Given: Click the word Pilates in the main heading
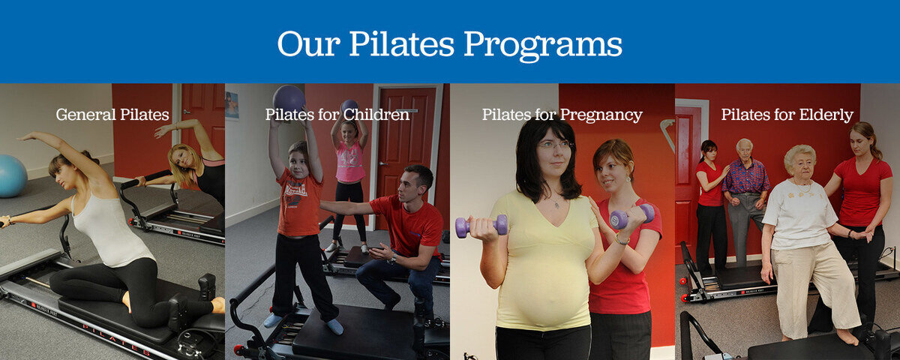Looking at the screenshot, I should pyautogui.click(x=404, y=44).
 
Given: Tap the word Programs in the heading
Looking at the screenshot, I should pyautogui.click(x=542, y=46).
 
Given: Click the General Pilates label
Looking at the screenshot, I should pyautogui.click(x=112, y=115).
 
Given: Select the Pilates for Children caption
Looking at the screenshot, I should pyautogui.click(x=337, y=115).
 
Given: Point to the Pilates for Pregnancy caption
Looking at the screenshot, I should pyautogui.click(x=562, y=115).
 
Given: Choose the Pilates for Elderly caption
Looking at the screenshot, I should pyautogui.click(x=787, y=115).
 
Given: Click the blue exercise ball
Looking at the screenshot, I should pyautogui.click(x=12, y=175).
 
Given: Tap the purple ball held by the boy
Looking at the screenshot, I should pyautogui.click(x=289, y=98).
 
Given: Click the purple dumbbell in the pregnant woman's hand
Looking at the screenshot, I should pyautogui.click(x=481, y=226).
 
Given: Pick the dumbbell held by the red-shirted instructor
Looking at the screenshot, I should pyautogui.click(x=631, y=217).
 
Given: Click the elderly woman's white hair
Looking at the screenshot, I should pyautogui.click(x=799, y=154).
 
